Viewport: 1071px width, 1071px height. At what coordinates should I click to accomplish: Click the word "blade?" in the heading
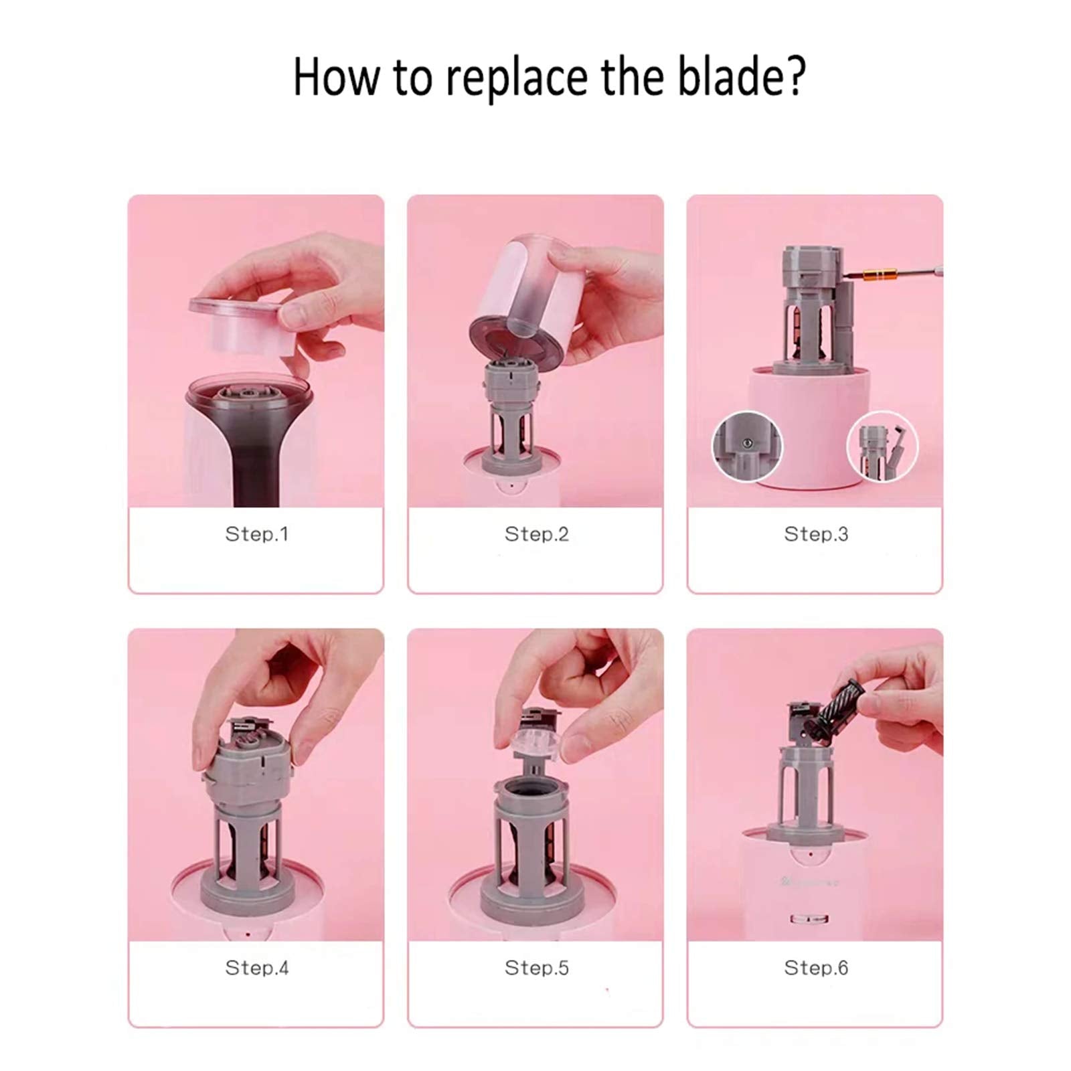click(741, 76)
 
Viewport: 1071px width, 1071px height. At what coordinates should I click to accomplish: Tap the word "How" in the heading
click(335, 76)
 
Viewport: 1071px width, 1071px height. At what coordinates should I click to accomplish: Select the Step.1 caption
click(256, 534)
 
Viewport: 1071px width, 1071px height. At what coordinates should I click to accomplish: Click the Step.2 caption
click(536, 534)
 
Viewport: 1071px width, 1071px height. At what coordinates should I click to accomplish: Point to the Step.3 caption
click(816, 534)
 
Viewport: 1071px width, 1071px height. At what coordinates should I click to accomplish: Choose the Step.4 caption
click(256, 968)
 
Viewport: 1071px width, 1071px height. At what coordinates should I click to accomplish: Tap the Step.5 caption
click(536, 968)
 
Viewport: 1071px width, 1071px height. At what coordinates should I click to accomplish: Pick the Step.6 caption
click(816, 968)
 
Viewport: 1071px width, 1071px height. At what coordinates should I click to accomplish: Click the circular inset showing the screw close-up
click(746, 446)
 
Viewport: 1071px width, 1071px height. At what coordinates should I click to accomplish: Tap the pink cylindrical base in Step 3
click(813, 428)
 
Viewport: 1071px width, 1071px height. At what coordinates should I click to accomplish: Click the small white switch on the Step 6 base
click(808, 919)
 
